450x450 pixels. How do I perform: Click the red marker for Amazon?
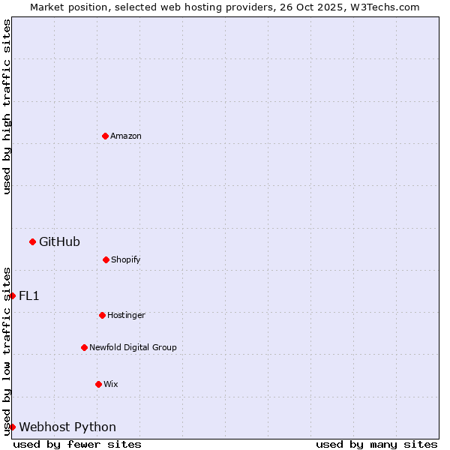click(x=105, y=136)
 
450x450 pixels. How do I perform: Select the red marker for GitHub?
click(x=32, y=241)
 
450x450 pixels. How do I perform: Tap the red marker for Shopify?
click(x=106, y=259)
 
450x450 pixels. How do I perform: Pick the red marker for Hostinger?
click(x=102, y=315)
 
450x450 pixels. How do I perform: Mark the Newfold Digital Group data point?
click(x=84, y=347)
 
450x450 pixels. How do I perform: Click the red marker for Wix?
click(x=98, y=384)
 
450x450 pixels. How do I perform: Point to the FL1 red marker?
click(x=12, y=295)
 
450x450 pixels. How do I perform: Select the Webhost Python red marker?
click(x=12, y=427)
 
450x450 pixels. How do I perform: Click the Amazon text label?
click(x=126, y=136)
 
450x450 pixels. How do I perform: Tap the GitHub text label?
click(x=59, y=241)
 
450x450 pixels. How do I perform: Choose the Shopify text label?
click(x=126, y=259)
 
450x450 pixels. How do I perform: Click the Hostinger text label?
click(x=126, y=315)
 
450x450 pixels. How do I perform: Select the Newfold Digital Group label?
click(x=133, y=347)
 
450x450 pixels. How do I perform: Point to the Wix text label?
click(x=111, y=384)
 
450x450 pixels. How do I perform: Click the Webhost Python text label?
click(x=67, y=427)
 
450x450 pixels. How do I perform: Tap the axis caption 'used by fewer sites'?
click(x=77, y=444)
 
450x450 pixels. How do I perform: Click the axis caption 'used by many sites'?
click(x=376, y=444)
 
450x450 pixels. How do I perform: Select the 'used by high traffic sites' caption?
click(x=7, y=106)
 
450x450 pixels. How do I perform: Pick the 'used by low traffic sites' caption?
click(x=7, y=351)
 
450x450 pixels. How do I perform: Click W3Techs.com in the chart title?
click(x=384, y=7)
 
